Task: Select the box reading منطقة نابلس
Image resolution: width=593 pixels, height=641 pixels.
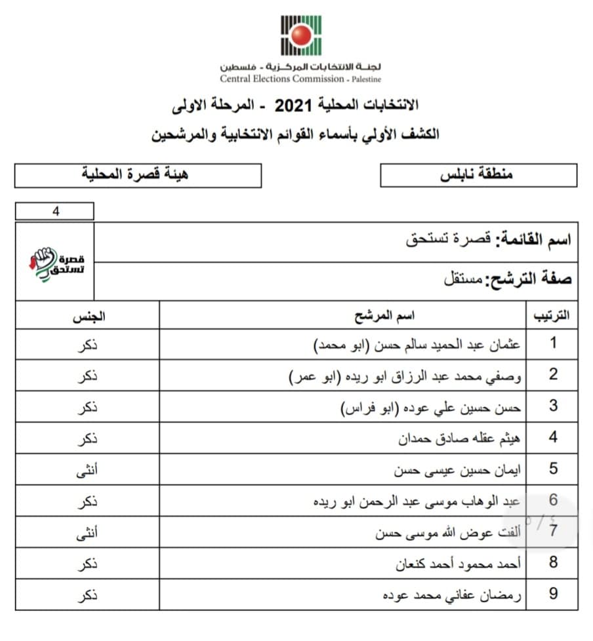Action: pyautogui.click(x=478, y=175)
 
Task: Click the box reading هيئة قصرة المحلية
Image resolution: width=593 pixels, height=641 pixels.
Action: pyautogui.click(x=138, y=175)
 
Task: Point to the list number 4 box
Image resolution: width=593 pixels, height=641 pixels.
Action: pyautogui.click(x=54, y=211)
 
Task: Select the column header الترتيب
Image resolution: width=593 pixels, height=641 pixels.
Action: pyautogui.click(x=553, y=315)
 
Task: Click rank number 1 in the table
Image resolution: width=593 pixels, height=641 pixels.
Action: pyautogui.click(x=553, y=343)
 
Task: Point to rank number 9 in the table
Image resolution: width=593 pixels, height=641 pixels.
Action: pyautogui.click(x=553, y=594)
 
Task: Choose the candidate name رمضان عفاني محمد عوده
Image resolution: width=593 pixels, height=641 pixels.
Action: pyautogui.click(x=452, y=595)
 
